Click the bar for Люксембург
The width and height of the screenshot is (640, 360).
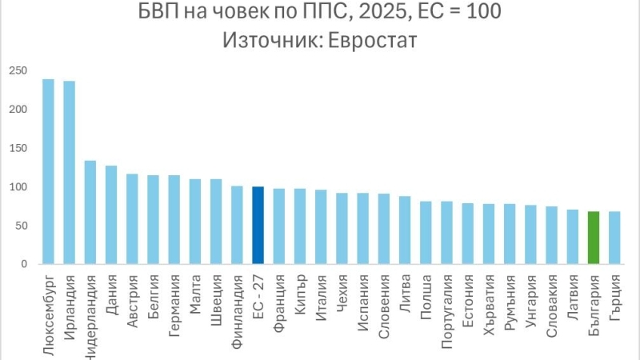click(48, 172)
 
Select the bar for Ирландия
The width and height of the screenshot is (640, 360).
click(70, 173)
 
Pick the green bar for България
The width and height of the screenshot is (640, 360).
click(593, 238)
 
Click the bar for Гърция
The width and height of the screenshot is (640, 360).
click(614, 238)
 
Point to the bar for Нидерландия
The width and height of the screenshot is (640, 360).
click(90, 213)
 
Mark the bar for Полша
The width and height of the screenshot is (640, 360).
click(426, 233)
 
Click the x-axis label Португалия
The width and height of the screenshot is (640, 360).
click(446, 307)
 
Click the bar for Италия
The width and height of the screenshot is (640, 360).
click(321, 227)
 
